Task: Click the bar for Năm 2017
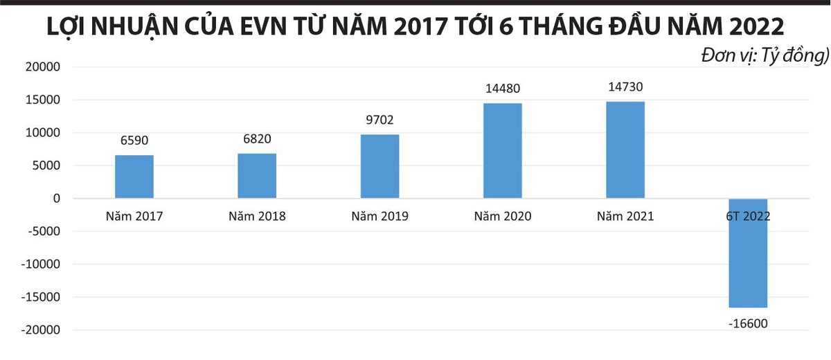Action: pos(134,177)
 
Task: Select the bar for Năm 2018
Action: pos(257,176)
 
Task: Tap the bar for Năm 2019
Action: pos(379,166)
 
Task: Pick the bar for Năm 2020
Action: pos(502,151)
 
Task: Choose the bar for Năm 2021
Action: pos(625,150)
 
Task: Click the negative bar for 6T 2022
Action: pos(748,263)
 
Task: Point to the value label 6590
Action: pos(134,141)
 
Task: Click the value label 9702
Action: pos(379,120)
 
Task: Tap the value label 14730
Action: pos(625,87)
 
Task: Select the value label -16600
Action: pos(748,323)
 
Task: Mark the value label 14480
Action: pos(502,89)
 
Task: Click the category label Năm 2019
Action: pos(379,216)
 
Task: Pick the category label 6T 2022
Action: pos(748,216)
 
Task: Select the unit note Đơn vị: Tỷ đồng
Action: pos(764,54)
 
